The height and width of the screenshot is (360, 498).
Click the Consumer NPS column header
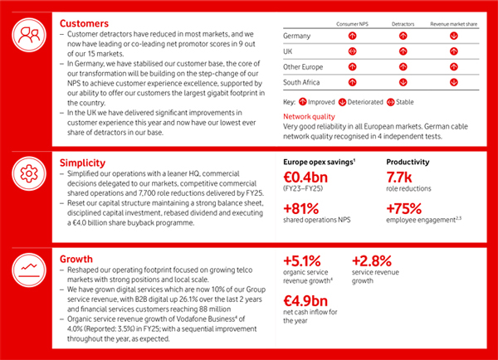pyautogui.click(x=353, y=25)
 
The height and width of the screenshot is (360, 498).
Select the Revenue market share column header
pyautogui.click(x=455, y=25)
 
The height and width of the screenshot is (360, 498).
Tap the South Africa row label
pyautogui.click(x=304, y=81)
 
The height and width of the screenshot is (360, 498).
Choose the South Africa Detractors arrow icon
pyautogui.click(x=404, y=81)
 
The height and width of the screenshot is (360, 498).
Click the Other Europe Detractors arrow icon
pyautogui.click(x=404, y=66)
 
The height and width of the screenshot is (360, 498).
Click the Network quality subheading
pyautogui.click(x=311, y=117)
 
